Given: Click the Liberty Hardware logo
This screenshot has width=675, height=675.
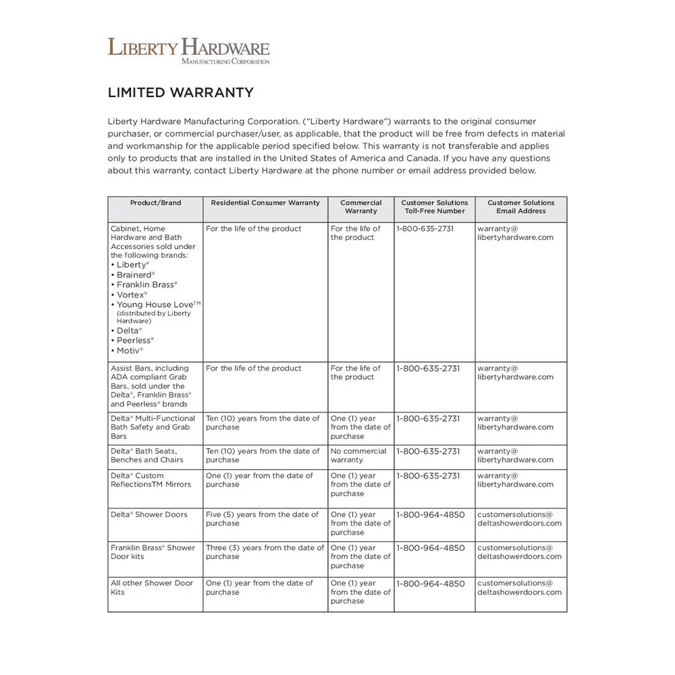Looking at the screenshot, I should coord(188,51).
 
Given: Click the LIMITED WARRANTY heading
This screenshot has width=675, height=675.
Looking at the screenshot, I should coord(180,92).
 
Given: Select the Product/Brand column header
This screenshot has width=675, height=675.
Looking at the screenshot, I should coord(155,202).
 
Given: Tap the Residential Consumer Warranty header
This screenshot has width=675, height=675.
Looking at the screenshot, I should coord(265,202).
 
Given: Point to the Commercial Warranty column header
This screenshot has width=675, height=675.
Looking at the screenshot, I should coord(360,207).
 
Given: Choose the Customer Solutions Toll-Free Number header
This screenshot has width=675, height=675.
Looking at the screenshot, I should coord(434,207).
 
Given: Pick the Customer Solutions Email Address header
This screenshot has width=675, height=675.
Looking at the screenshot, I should coord(520,207).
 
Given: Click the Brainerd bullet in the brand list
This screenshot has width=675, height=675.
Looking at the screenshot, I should coord(135,275).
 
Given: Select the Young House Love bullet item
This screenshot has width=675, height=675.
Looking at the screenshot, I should coord(158,304).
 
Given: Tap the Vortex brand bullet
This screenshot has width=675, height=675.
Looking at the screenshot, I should coord(131,295).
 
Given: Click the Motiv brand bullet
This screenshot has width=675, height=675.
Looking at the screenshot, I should coord(130,350).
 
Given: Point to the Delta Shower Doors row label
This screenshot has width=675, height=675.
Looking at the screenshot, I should coord(149,514).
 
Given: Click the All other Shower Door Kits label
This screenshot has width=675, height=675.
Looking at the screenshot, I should coord(152,587).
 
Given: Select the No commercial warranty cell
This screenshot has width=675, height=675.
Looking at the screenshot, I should coord(358,456).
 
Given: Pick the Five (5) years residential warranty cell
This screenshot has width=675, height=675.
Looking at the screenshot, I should coord(262,518).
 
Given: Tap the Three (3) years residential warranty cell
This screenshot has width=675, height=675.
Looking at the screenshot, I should coord(265,552).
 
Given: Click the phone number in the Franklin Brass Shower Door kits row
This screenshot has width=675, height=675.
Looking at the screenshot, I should coord(431,548).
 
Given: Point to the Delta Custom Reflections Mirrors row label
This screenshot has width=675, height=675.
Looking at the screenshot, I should coord(151,480).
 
